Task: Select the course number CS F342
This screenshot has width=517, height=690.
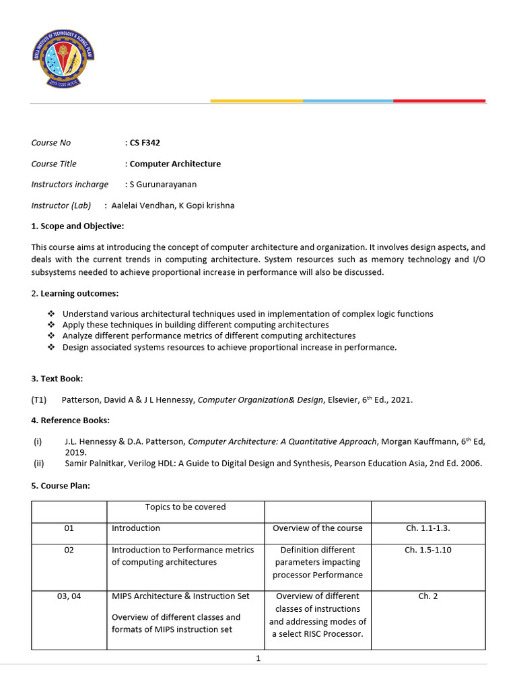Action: tap(145, 143)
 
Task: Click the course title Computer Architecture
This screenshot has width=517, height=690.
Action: tap(175, 164)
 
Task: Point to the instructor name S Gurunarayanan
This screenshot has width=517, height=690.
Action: tap(164, 185)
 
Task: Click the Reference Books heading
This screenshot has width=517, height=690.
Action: tap(70, 420)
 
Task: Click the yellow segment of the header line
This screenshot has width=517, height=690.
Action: tap(256, 101)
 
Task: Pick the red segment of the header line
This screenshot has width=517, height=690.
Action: tap(439, 101)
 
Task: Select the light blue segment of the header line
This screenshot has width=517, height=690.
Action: tap(348, 101)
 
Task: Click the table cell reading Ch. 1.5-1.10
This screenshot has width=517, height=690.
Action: tap(427, 550)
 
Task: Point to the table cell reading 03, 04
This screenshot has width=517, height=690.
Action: tap(69, 596)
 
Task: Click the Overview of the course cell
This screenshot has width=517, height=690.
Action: tap(317, 528)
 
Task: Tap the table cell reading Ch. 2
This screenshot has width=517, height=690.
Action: tap(427, 596)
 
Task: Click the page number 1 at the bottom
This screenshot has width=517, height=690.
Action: tap(258, 658)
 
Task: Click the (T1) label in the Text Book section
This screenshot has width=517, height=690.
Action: tap(39, 400)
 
